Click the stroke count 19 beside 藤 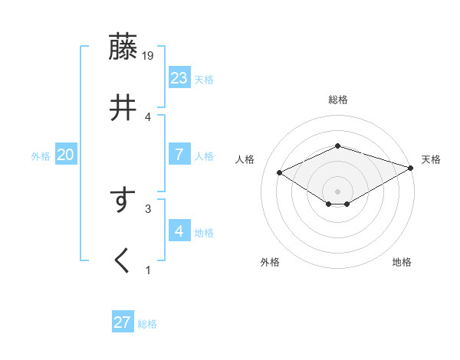(x=149, y=56)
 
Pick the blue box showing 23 (x=179, y=78)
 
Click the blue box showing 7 (x=179, y=155)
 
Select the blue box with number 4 (x=179, y=231)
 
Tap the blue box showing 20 (x=66, y=155)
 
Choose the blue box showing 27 (x=123, y=322)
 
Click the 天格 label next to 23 (x=204, y=80)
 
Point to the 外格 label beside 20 (x=41, y=156)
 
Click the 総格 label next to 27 (x=147, y=324)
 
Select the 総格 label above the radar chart (x=338, y=100)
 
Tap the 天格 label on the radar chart (x=432, y=159)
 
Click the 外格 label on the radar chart (x=270, y=262)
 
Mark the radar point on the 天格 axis (x=412, y=168)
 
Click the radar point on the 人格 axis (x=279, y=172)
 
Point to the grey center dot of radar (x=338, y=191)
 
